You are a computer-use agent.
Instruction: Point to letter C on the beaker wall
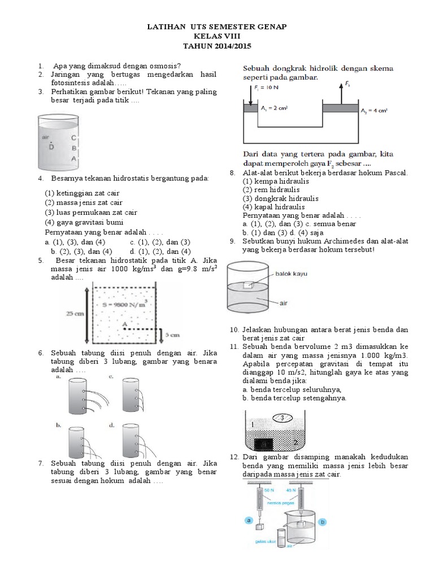click(x=73, y=137)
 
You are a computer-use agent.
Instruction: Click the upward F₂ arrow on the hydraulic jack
click(x=339, y=92)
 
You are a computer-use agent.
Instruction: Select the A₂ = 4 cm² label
click(x=374, y=112)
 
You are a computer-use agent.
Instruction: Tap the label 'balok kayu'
click(x=292, y=274)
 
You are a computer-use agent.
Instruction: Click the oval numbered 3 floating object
click(x=281, y=418)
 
